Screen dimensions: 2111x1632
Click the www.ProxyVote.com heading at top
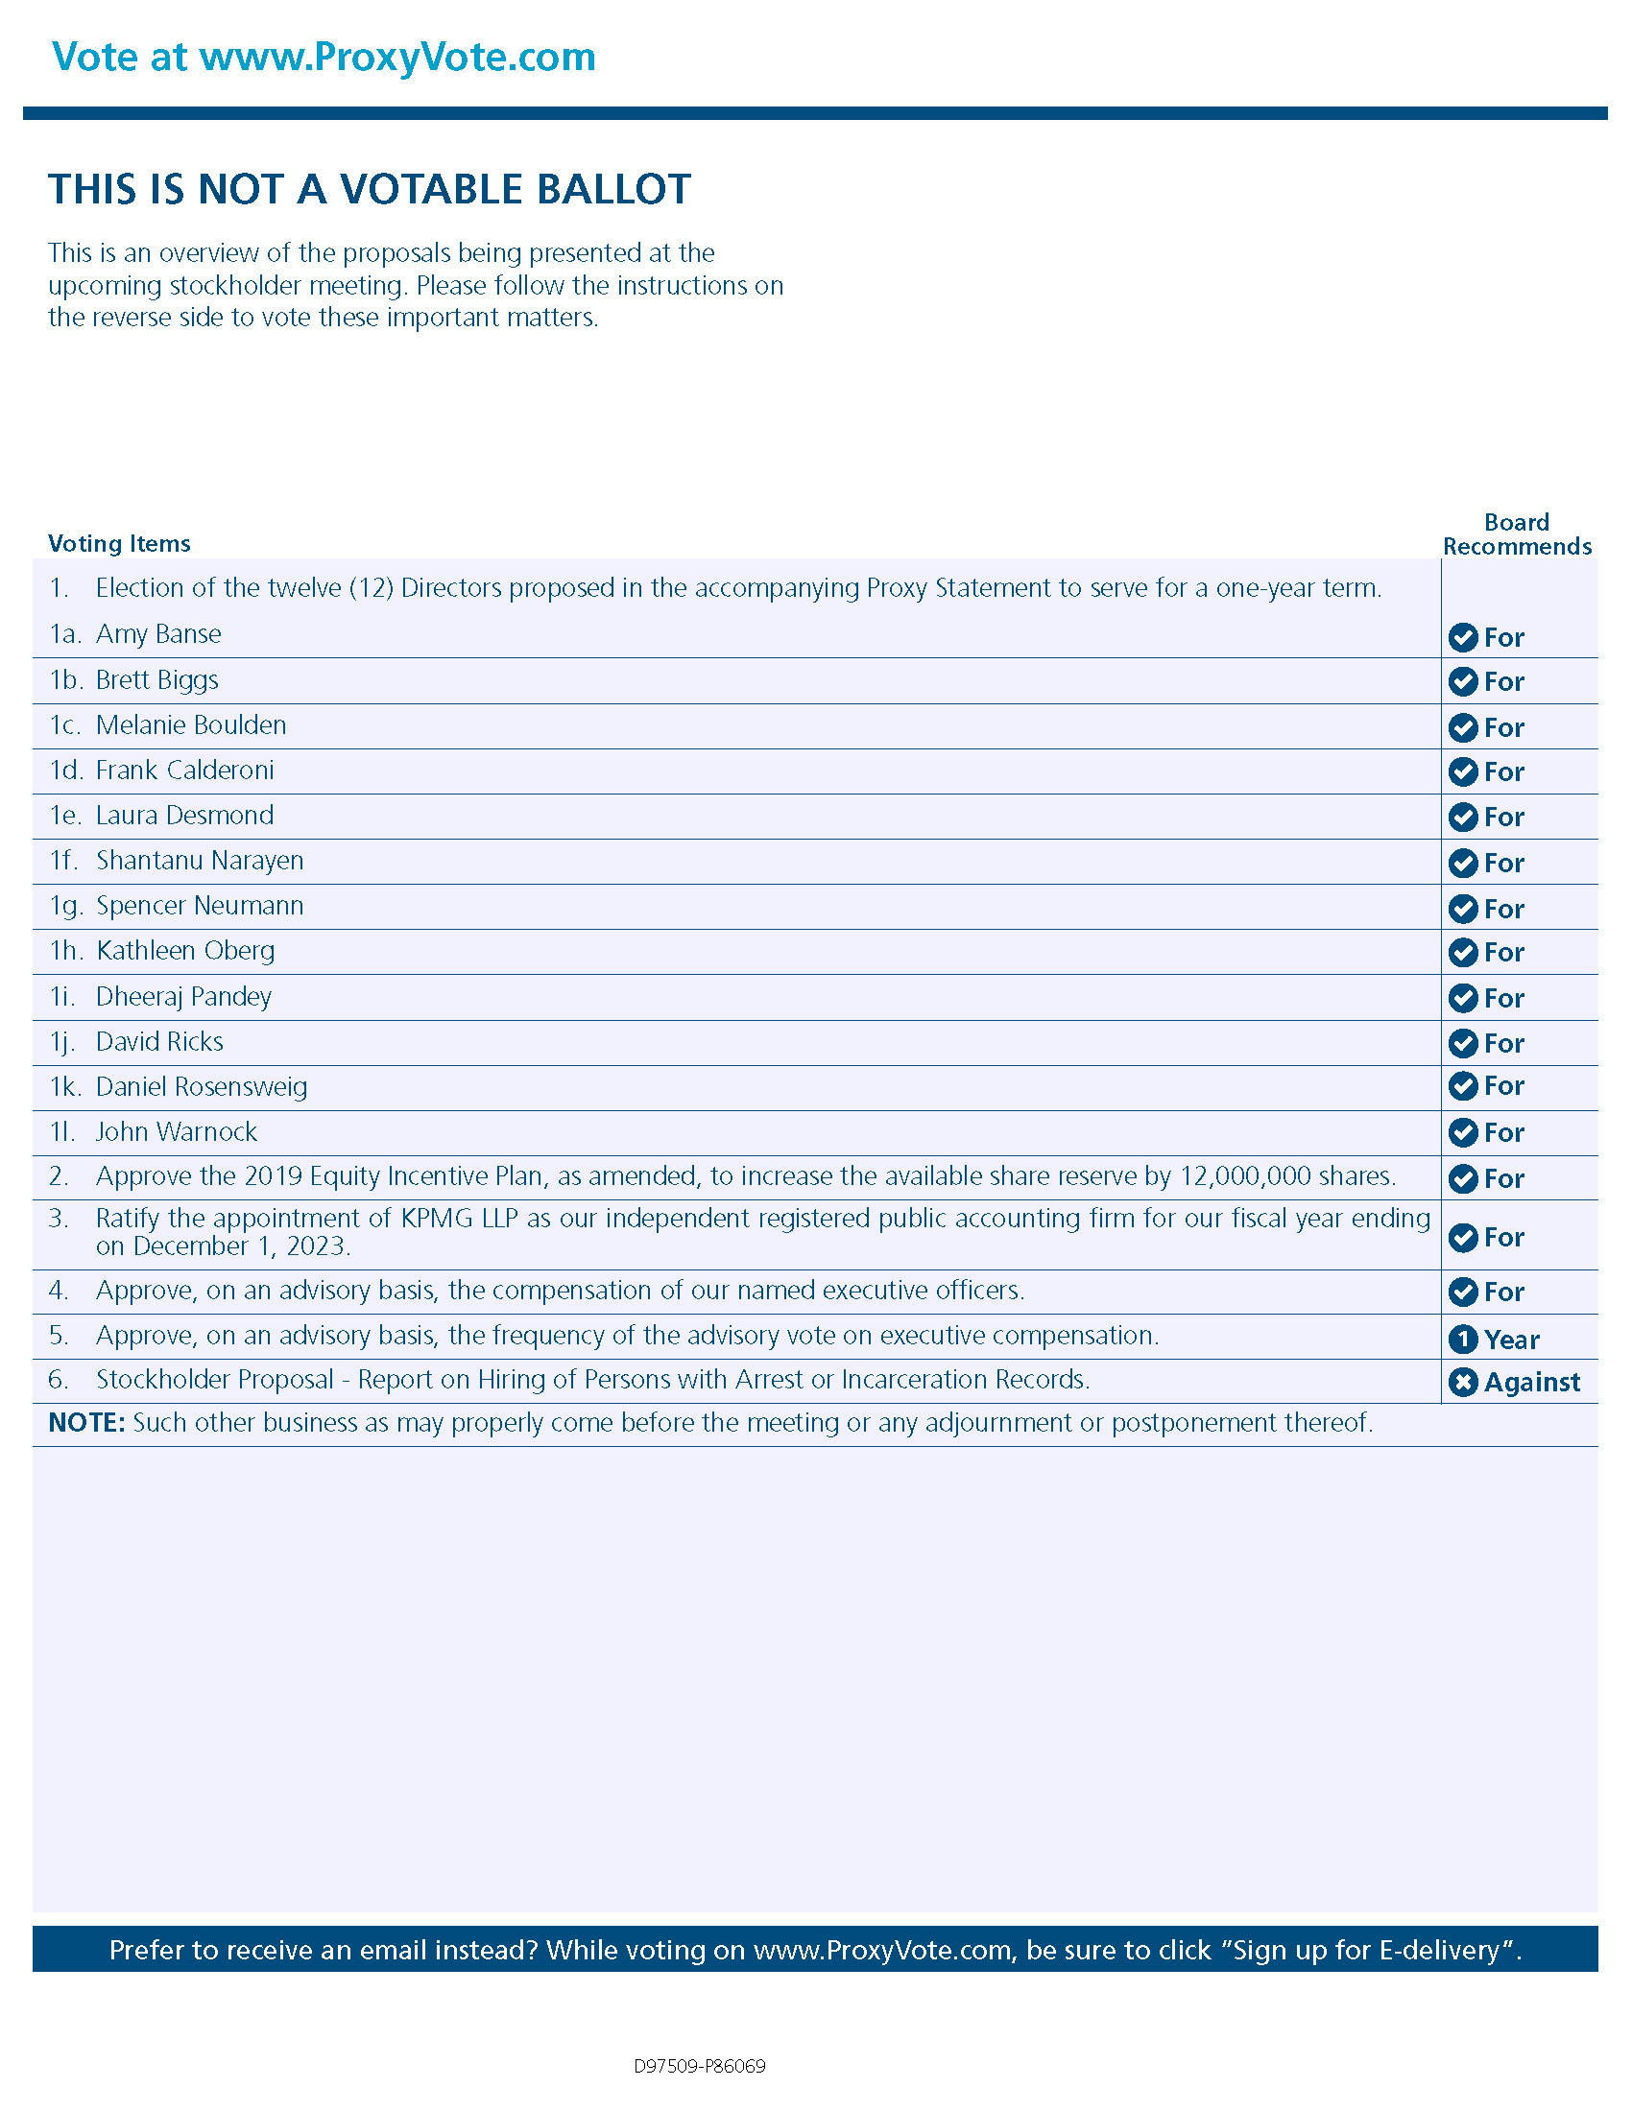point(396,57)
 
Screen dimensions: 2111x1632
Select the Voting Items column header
point(119,543)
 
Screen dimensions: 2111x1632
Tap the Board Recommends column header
point(1516,534)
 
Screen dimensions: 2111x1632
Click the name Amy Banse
point(158,634)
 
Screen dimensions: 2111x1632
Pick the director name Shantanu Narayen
point(199,861)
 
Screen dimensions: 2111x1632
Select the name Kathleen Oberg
point(185,951)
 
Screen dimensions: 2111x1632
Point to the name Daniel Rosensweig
point(201,1087)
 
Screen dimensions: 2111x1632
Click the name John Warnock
point(176,1132)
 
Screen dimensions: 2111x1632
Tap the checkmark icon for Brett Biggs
point(1463,681)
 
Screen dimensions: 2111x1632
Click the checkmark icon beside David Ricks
point(1463,1043)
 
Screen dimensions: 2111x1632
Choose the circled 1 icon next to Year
point(1463,1339)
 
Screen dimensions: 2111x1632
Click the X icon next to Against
point(1463,1382)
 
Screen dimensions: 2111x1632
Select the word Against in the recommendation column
point(1532,1382)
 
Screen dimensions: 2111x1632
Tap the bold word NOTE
point(86,1423)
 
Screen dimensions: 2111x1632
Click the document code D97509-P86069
point(700,2067)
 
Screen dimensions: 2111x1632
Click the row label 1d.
point(64,771)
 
